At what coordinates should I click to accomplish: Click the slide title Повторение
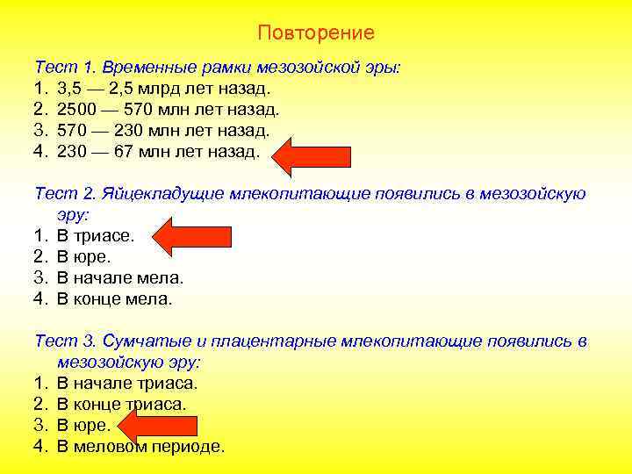click(x=316, y=33)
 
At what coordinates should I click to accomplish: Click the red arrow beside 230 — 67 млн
click(x=312, y=154)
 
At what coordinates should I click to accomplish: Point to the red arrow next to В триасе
click(x=192, y=234)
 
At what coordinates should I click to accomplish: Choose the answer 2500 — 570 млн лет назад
click(x=168, y=110)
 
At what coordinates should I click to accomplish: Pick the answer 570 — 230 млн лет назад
click(x=163, y=130)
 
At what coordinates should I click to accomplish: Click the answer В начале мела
click(x=120, y=277)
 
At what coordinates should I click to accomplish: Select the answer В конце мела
click(x=115, y=298)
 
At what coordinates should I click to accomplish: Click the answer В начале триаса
click(x=127, y=383)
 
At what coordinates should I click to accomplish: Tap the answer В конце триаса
click(x=122, y=404)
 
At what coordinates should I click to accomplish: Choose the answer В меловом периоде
click(x=140, y=446)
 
